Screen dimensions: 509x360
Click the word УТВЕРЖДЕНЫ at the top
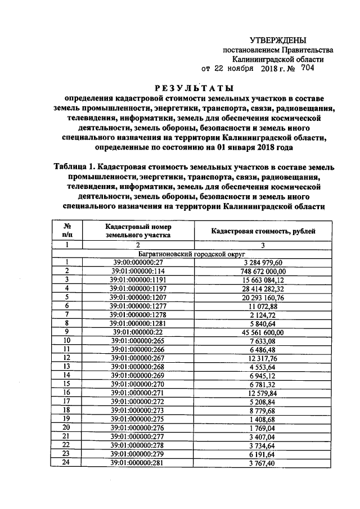tap(278, 40)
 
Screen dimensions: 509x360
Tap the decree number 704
tap(308, 68)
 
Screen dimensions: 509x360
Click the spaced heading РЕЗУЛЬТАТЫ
tap(193, 88)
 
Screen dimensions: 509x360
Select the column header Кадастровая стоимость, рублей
tap(263, 231)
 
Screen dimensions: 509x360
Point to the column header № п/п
tap(67, 231)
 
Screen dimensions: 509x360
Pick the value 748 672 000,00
tap(263, 271)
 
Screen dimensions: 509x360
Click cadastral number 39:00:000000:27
tap(137, 262)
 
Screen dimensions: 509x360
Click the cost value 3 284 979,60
tap(263, 262)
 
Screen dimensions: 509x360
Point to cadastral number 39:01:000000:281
tap(137, 462)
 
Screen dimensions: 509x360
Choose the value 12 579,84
tap(263, 393)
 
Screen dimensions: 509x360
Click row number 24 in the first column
tap(67, 462)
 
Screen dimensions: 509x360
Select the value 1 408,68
tap(263, 419)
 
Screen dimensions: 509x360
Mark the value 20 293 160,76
tap(263, 297)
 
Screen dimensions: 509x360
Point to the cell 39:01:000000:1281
tap(137, 323)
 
